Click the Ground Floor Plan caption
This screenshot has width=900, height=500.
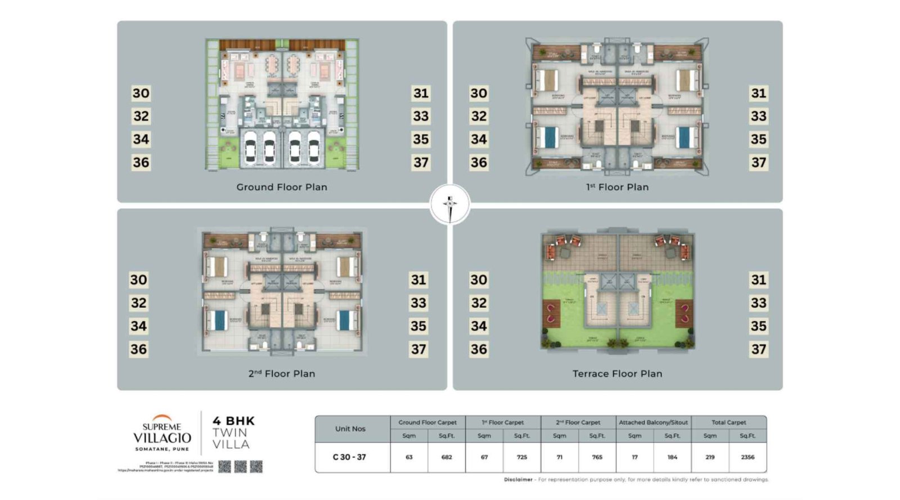[281, 187]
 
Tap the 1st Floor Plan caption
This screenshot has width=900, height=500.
[617, 187]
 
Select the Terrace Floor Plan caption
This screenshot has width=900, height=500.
[617, 374]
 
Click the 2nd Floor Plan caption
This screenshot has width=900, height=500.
[281, 374]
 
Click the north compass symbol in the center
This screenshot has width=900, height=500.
[449, 204]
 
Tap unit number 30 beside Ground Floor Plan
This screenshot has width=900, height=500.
[141, 93]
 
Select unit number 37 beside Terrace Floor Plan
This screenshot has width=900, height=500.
[758, 349]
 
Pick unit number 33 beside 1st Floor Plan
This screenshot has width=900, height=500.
[758, 116]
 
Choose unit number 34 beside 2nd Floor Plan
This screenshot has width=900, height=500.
[138, 326]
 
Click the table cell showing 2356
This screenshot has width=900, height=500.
[747, 457]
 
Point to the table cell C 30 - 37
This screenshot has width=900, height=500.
[349, 457]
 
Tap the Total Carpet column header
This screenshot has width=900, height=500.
[728, 422]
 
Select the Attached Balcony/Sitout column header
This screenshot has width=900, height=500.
[653, 422]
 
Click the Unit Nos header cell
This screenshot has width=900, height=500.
[350, 429]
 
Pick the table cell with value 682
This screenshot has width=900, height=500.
[446, 457]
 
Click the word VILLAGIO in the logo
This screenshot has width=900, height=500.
[162, 438]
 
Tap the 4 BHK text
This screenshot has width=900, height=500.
[233, 421]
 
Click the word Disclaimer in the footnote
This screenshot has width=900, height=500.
[518, 480]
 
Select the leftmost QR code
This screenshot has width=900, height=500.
[224, 466]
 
